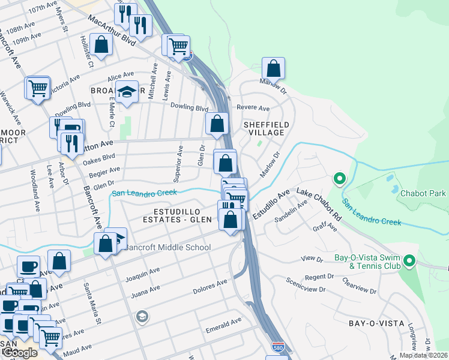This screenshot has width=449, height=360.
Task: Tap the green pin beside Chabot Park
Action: click(x=339, y=179)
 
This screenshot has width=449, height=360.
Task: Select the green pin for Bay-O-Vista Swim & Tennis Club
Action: click(x=409, y=261)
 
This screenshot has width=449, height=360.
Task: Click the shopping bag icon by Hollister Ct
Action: click(x=101, y=45)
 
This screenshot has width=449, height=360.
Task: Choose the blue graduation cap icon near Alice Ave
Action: click(x=127, y=92)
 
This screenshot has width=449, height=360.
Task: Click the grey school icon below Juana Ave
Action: click(x=142, y=316)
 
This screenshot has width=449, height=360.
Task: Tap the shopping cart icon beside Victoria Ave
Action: click(x=37, y=88)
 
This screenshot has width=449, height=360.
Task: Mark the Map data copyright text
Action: click(x=424, y=355)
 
